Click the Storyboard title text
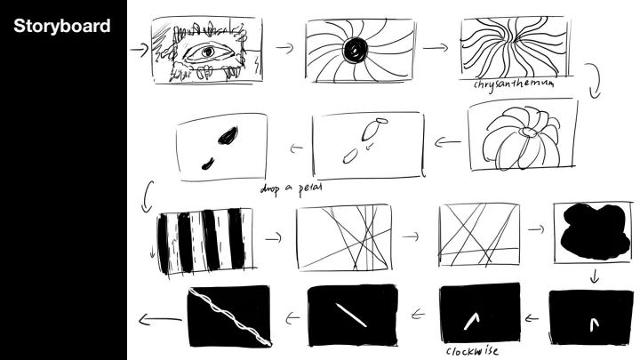(x=62, y=26)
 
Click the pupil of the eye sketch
(x=208, y=52)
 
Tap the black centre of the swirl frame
(x=355, y=50)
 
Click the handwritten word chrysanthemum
(x=515, y=84)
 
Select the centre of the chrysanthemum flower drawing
(x=529, y=132)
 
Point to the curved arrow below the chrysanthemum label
(x=596, y=81)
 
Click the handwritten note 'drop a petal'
(x=291, y=188)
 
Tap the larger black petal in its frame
(x=228, y=136)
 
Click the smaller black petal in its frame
(x=208, y=164)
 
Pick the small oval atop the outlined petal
(x=381, y=121)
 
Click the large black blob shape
(x=595, y=231)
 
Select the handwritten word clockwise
(x=472, y=351)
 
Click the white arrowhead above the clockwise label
(x=471, y=321)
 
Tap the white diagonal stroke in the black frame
(x=351, y=315)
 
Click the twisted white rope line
(x=230, y=316)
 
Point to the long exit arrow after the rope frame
(x=160, y=319)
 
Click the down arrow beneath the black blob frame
(x=595, y=276)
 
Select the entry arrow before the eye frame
(x=140, y=50)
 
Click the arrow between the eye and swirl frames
(x=285, y=48)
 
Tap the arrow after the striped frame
(x=274, y=237)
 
